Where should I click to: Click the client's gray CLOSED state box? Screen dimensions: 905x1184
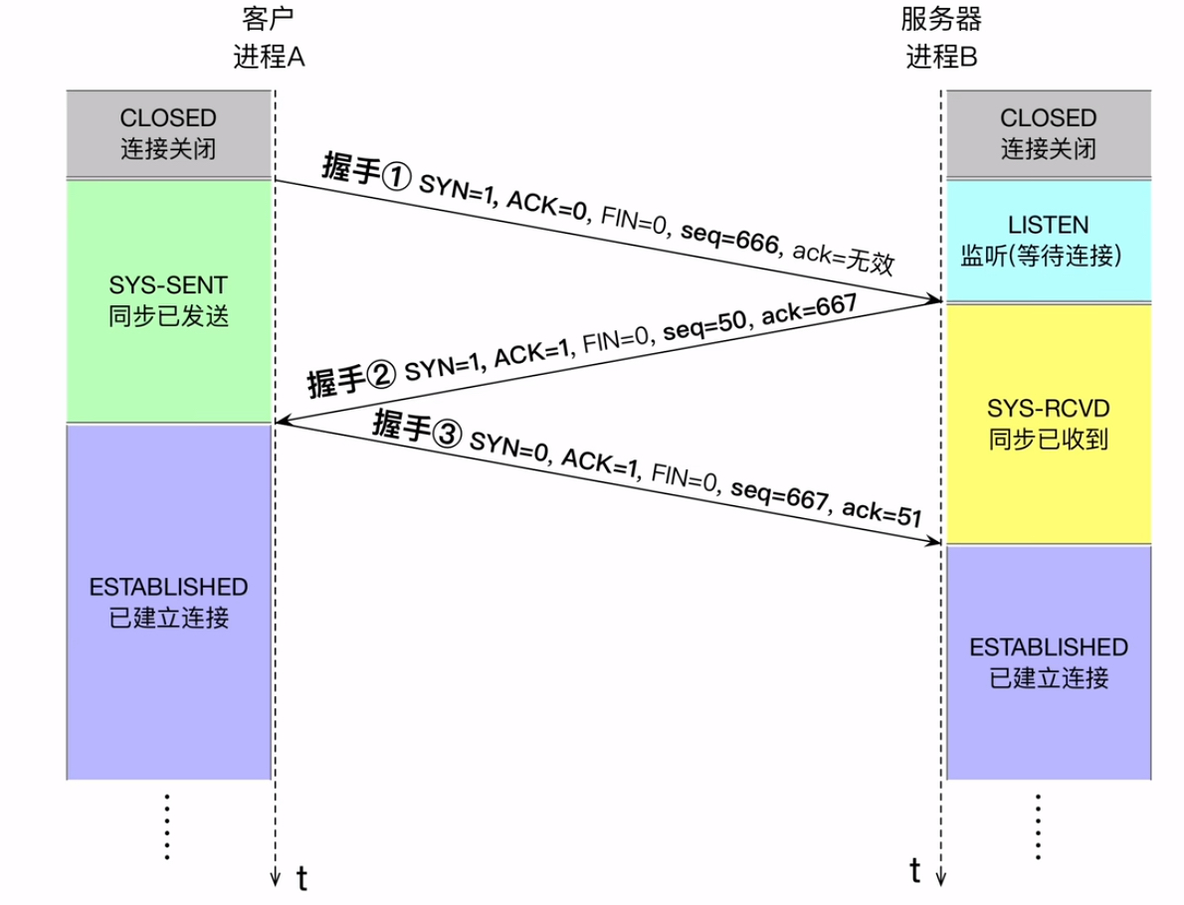(169, 134)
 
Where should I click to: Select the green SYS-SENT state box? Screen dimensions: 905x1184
(169, 301)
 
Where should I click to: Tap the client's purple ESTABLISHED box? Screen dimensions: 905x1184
(169, 602)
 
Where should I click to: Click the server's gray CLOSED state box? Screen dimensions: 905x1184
(1048, 134)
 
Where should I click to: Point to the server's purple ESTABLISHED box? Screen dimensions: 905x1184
(1048, 661)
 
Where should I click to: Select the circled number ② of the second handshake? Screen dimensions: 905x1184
(381, 376)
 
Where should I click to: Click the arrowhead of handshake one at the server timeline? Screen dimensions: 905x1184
(935, 298)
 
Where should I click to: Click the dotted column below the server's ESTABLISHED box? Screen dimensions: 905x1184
(1039, 825)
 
